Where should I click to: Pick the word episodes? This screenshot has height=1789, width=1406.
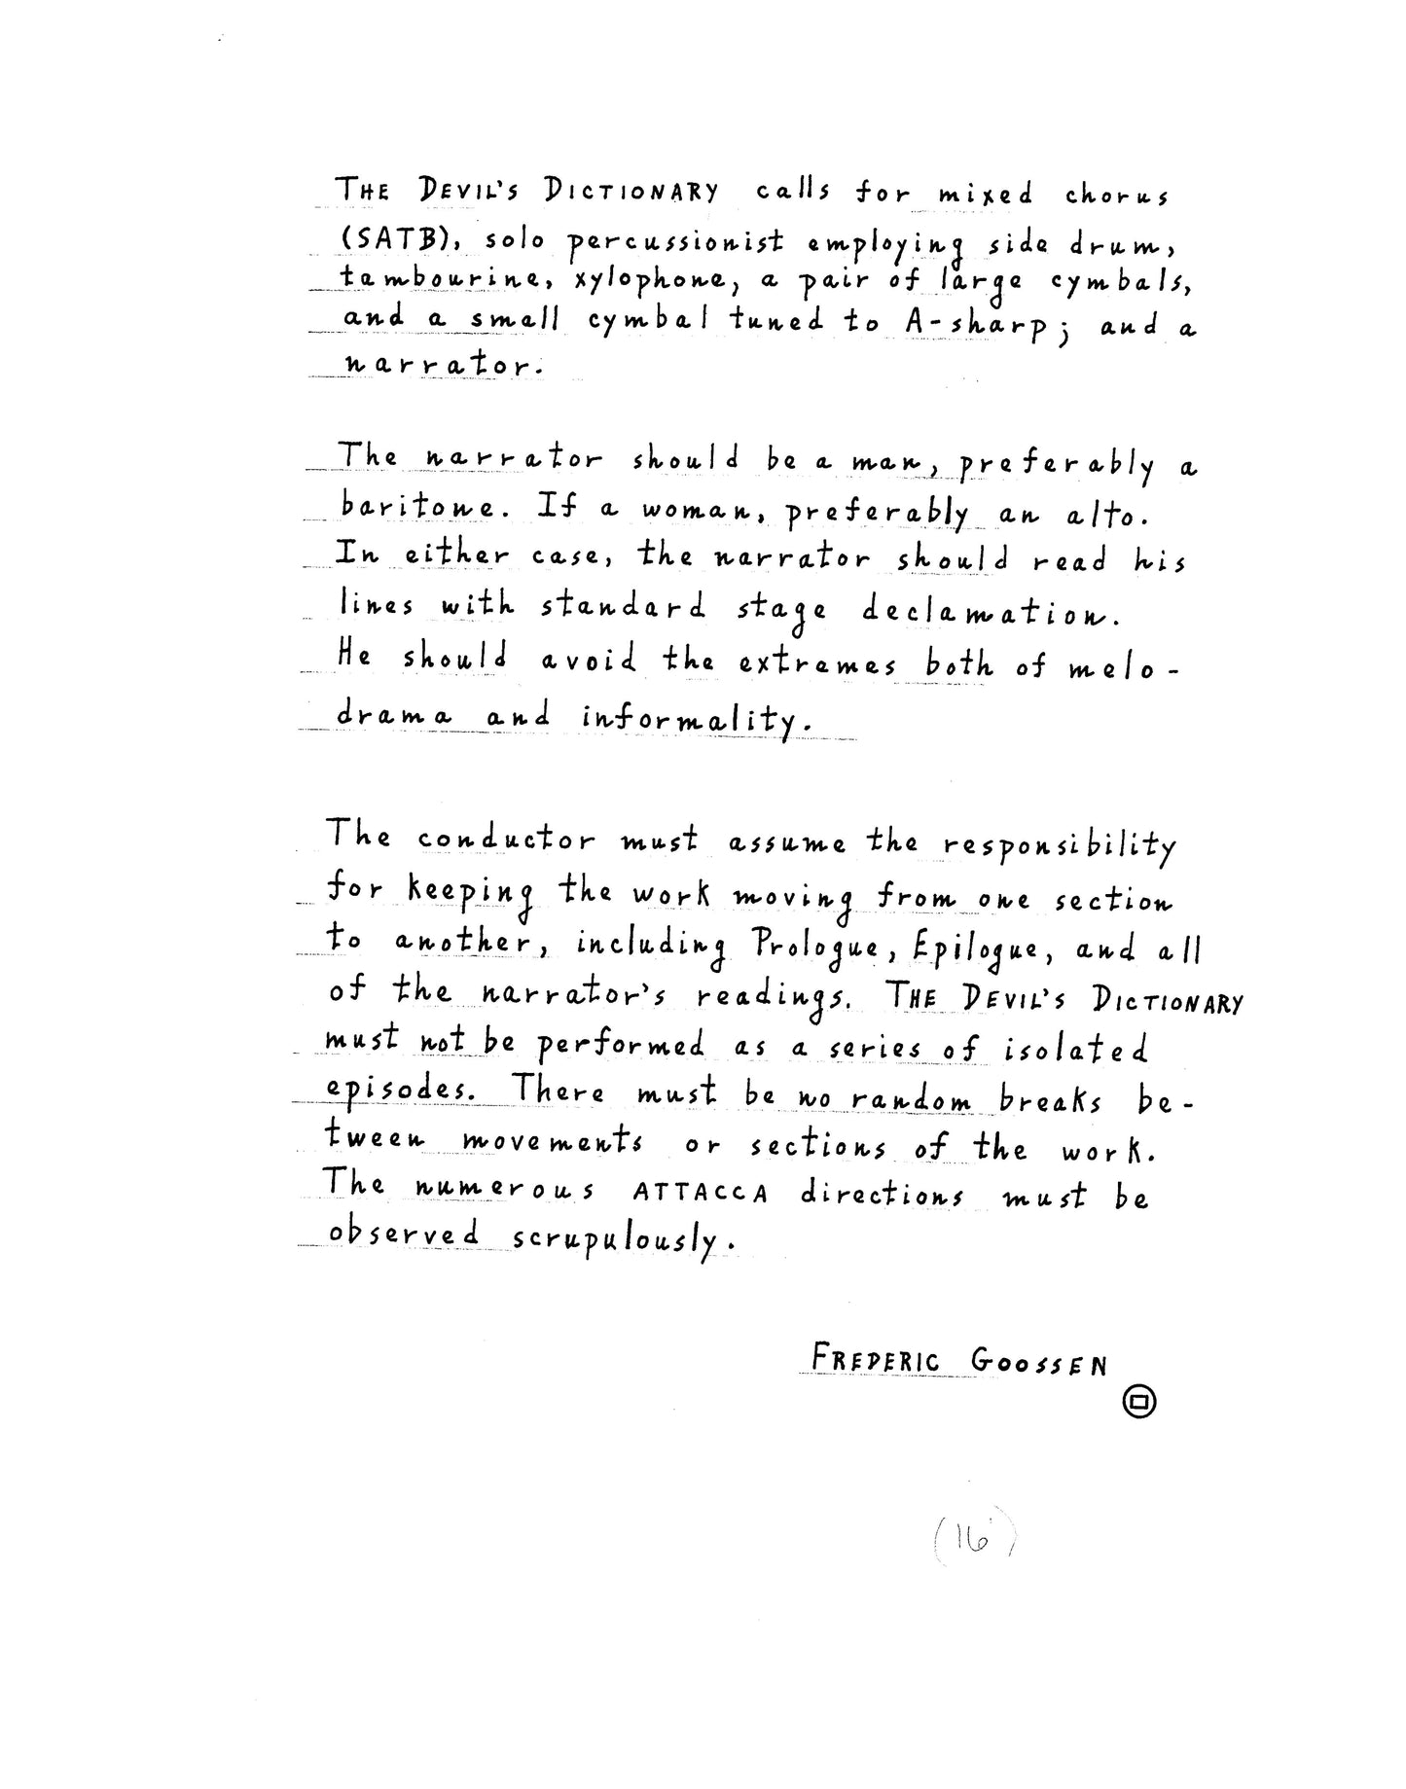(x=400, y=1091)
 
